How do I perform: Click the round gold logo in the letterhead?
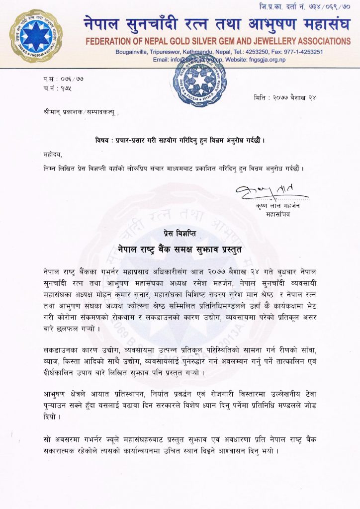(x=36, y=36)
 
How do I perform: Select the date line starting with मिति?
(x=285, y=97)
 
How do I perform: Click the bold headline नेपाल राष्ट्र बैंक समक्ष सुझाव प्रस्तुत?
(x=180, y=249)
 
